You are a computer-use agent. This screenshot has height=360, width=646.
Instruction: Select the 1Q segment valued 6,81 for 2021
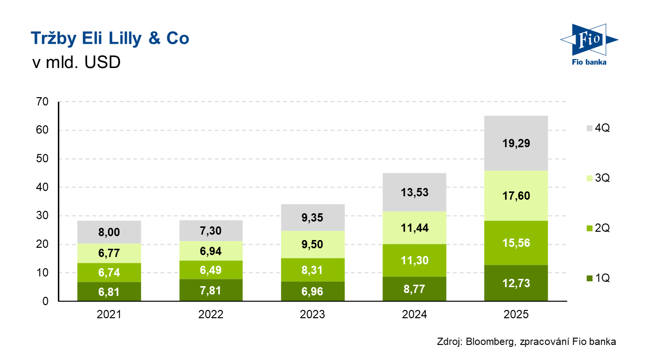[x=109, y=291]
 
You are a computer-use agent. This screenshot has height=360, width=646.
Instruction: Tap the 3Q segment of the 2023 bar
[x=313, y=244]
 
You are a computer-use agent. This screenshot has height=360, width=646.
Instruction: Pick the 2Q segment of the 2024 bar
[x=414, y=260]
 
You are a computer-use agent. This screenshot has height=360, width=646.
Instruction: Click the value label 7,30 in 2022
[x=211, y=230]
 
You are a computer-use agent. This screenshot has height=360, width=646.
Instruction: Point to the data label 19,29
[x=516, y=143]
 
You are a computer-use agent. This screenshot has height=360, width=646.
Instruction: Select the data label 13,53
[x=414, y=192]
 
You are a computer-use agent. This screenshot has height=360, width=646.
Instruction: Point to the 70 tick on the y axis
[x=43, y=102]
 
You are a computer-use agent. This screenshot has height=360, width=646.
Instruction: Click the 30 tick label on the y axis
[x=43, y=216]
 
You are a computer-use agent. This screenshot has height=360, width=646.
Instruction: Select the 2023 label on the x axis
[x=313, y=314]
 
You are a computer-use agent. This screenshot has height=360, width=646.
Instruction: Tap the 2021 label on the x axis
[x=109, y=314]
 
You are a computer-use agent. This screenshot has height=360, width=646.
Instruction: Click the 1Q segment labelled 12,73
[x=516, y=283]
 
